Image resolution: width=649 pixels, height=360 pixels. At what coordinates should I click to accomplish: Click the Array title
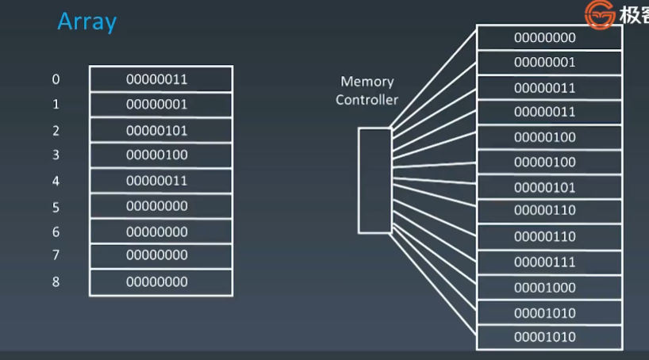86,21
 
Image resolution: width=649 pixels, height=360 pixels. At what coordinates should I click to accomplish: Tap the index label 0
56,79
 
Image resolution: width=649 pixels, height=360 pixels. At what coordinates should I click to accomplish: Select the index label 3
56,155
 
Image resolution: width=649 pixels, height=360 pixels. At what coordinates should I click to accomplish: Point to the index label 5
56,206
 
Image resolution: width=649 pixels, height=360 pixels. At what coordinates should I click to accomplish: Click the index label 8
56,281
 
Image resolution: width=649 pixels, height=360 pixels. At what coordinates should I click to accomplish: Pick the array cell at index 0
160,79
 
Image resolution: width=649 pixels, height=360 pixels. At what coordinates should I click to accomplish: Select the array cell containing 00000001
160,105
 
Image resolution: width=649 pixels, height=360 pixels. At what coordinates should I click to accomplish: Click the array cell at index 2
160,130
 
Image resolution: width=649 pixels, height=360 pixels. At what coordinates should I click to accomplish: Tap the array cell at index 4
160,181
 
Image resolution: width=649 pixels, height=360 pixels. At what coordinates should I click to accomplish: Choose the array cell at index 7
160,256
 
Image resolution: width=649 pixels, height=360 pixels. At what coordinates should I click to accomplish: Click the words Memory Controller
367,90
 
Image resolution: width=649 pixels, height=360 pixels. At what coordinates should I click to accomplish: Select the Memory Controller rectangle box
374,180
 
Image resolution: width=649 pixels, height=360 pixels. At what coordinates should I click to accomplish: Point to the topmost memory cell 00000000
549,37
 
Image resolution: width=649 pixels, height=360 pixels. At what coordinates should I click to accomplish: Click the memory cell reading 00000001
549,63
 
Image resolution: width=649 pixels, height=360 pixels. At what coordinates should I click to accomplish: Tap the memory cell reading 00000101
549,188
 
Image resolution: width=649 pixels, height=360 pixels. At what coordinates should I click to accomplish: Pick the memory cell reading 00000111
549,262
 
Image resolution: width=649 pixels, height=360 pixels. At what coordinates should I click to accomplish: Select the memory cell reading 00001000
549,288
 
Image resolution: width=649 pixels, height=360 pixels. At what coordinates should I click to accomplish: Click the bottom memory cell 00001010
549,337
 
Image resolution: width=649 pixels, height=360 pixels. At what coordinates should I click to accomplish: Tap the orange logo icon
600,14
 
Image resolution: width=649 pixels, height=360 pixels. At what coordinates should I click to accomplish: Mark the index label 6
56,232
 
